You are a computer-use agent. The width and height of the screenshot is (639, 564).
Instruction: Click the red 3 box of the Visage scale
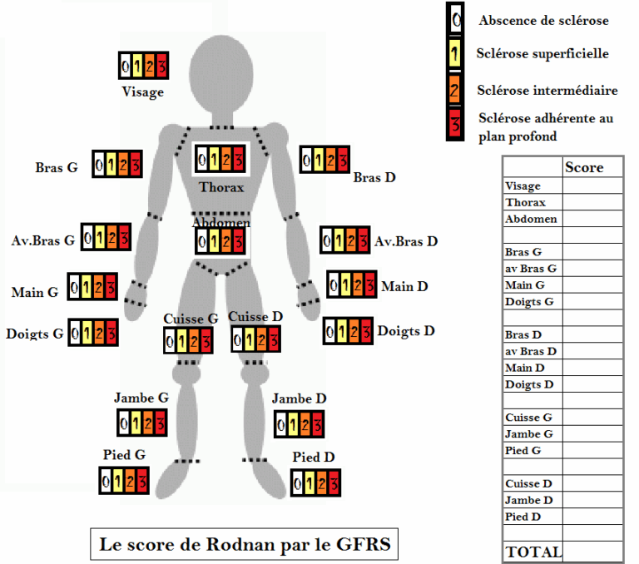tap(161, 65)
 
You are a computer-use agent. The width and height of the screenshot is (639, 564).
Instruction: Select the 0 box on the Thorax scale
tap(202, 158)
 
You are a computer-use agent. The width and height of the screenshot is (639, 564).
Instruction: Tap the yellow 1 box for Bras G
tap(111, 163)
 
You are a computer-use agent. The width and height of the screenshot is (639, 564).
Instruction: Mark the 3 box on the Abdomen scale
tap(239, 242)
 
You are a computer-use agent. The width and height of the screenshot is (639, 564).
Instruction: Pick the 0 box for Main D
tap(334, 284)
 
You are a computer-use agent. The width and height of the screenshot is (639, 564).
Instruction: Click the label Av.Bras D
tap(406, 241)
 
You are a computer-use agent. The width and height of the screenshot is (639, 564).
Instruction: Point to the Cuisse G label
tap(191, 319)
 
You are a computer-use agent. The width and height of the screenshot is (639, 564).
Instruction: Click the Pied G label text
tap(124, 455)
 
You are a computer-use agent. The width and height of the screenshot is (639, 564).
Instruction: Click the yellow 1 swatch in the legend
tap(454, 54)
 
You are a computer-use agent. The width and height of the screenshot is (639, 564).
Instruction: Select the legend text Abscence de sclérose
tap(543, 20)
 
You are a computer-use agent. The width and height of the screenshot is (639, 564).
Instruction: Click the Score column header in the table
tap(584, 167)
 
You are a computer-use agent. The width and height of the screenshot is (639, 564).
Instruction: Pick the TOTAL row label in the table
tap(532, 552)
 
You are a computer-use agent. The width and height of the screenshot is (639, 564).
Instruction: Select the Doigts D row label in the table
tap(529, 384)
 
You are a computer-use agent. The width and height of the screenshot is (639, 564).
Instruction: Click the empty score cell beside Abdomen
tap(592, 219)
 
